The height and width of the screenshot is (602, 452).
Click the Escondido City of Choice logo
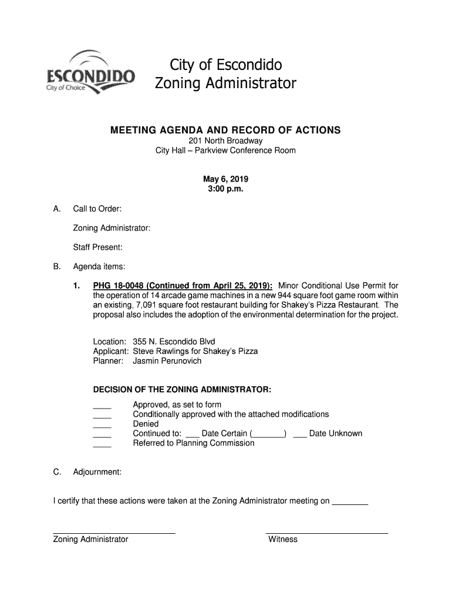(90, 73)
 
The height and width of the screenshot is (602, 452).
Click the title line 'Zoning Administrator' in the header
(225, 83)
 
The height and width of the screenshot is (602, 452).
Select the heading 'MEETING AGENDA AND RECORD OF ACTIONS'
(225, 130)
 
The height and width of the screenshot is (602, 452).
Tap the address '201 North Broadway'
(225, 141)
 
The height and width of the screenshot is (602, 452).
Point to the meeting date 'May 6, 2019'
(225, 179)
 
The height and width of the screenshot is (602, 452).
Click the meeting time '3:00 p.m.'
(225, 189)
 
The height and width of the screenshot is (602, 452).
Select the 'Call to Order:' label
(97, 209)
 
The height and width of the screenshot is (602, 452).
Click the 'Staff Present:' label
(97, 248)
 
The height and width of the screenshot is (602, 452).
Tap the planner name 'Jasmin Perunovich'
(167, 361)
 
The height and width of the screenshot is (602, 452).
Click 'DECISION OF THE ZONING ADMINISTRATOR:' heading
(182, 390)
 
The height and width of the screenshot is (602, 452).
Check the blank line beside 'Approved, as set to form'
(102, 406)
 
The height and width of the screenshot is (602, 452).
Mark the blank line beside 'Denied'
(102, 425)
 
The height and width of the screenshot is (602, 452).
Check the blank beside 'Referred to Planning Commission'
(102, 444)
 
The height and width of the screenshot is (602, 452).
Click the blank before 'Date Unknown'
(299, 435)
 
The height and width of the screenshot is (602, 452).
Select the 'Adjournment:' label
(97, 472)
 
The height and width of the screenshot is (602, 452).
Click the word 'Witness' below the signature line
(283, 539)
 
